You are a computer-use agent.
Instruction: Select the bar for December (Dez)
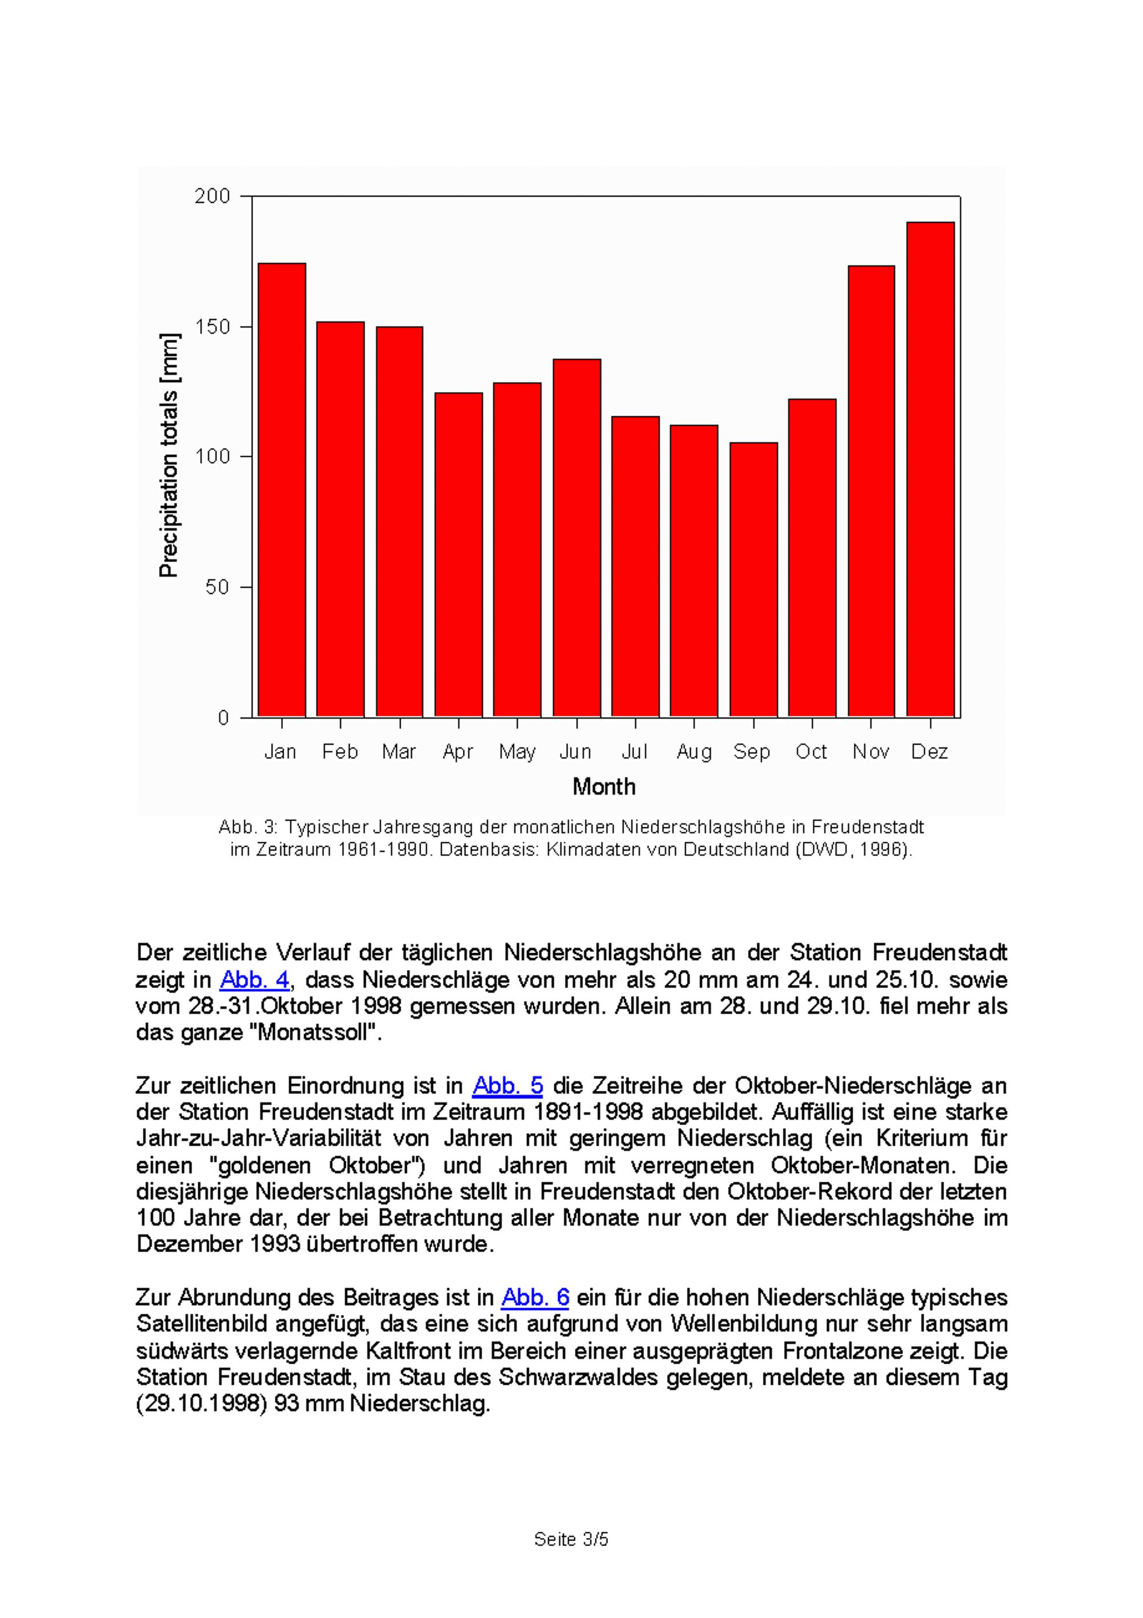point(930,469)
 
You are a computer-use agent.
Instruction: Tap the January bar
point(282,490)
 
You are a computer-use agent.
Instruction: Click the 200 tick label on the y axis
point(212,197)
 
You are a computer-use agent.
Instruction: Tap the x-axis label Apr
point(458,752)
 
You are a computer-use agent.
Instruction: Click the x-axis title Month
point(604,787)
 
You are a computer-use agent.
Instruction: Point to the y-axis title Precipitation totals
point(169,455)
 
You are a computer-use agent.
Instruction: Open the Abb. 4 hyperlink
point(254,979)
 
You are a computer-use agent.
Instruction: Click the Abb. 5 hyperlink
point(507,1086)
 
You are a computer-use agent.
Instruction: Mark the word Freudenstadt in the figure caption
point(868,827)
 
